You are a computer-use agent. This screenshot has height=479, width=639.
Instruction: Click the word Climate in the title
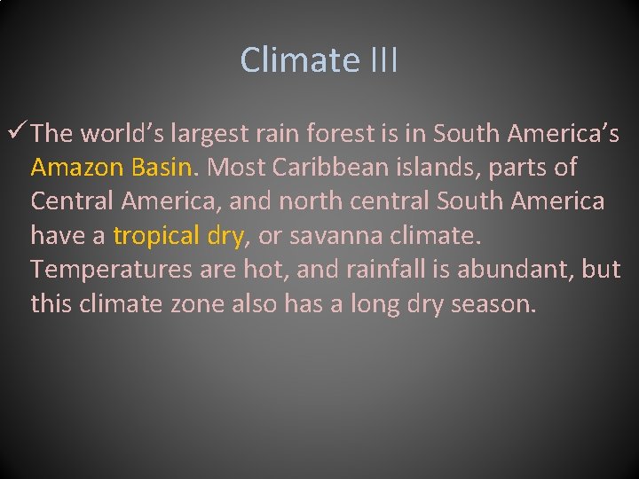[296, 60]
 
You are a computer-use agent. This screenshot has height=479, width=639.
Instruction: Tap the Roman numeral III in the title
[380, 60]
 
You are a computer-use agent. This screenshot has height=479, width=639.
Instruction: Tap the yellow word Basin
[163, 168]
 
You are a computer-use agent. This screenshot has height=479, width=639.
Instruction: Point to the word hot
[261, 270]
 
